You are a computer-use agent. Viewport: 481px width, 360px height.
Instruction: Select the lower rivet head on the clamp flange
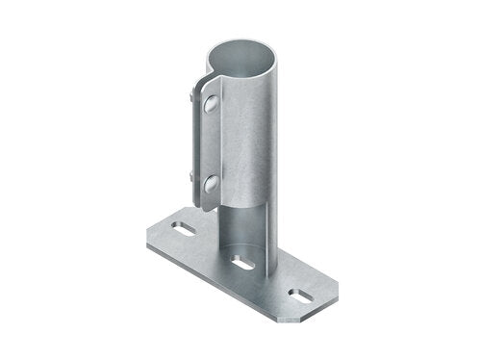click(x=209, y=181)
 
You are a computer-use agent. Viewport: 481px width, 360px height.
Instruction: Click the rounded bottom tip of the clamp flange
click(x=206, y=207)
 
